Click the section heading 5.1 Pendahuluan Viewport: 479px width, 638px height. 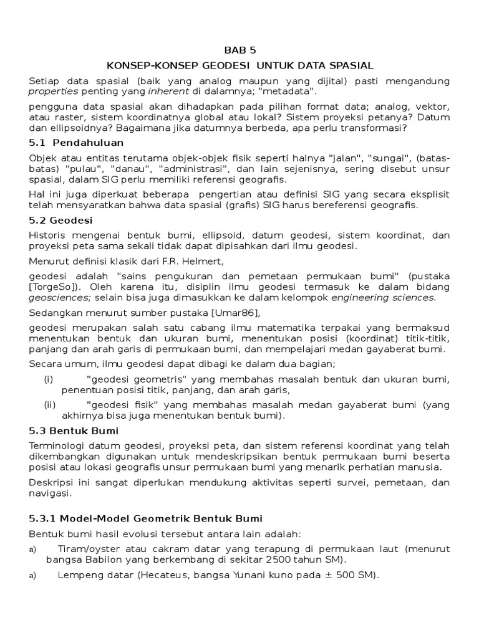coord(77,143)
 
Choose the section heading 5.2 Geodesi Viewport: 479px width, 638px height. coord(60,221)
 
